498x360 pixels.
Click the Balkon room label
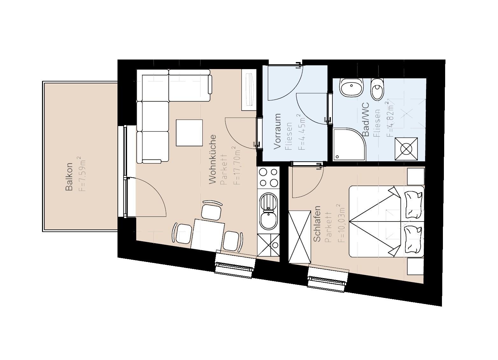click(x=69, y=177)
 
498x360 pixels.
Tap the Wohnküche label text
click(x=212, y=159)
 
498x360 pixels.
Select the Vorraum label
click(x=277, y=131)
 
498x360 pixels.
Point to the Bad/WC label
click(x=366, y=119)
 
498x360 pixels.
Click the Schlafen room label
click(x=317, y=224)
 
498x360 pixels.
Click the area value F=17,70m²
click(x=236, y=165)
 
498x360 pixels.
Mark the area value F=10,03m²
click(x=340, y=223)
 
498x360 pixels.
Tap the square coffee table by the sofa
click(x=189, y=133)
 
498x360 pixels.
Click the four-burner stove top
click(x=268, y=177)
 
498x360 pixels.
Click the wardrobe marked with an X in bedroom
click(x=299, y=237)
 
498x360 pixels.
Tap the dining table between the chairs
click(x=208, y=234)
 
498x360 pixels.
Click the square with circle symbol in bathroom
click(x=406, y=149)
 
